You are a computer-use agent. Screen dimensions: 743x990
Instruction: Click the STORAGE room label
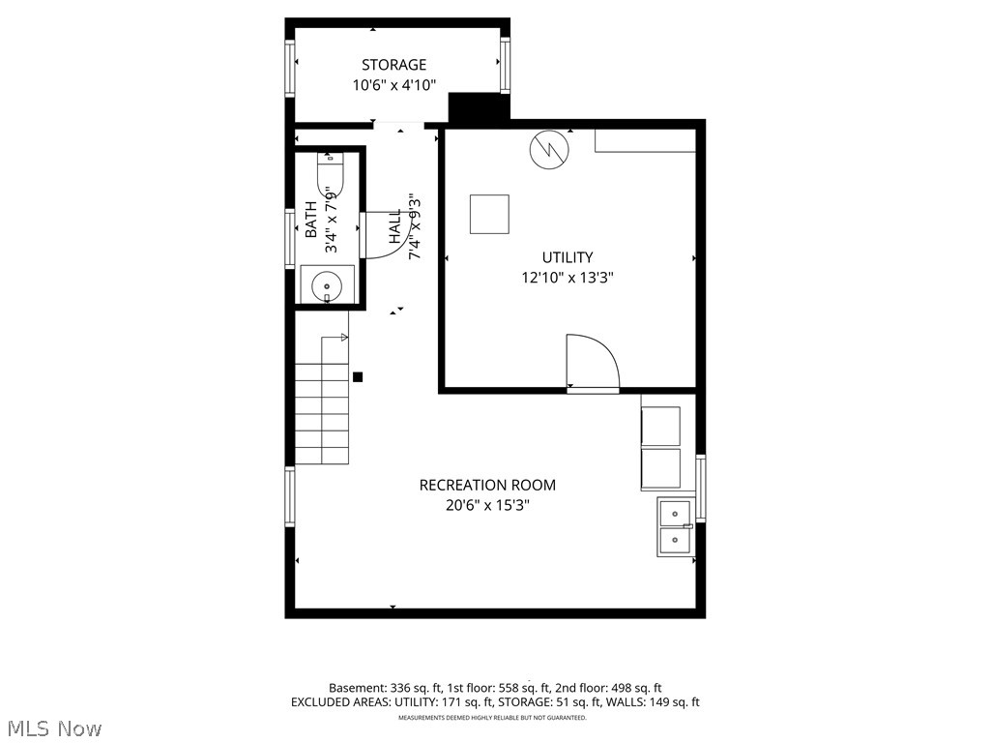[393, 65]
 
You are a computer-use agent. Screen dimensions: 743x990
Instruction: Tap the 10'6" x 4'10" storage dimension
[393, 85]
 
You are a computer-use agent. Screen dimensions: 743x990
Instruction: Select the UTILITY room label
[567, 257]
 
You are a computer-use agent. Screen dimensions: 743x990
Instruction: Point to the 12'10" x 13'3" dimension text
[568, 278]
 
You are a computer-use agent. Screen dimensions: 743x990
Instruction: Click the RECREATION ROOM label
[487, 485]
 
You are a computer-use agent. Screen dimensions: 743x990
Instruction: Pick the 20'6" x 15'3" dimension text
[487, 505]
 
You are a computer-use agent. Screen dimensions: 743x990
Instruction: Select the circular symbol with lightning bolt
[548, 151]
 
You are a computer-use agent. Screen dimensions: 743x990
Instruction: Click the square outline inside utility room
[489, 214]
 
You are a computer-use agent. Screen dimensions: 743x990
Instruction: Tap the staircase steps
[321, 412]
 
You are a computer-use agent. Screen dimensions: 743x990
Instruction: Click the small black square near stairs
[357, 377]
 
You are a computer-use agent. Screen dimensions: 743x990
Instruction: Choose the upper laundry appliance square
[660, 426]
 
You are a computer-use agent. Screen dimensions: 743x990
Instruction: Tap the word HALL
[395, 226]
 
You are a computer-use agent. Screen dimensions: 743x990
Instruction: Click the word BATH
[310, 220]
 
